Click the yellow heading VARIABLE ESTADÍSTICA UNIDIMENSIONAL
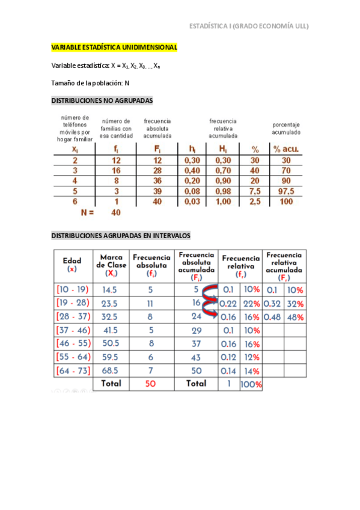coord(114,48)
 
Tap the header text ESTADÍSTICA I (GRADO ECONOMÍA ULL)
coord(249,26)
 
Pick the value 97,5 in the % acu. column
coord(285,191)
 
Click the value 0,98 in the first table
coord(224,191)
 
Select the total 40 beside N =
coord(117,212)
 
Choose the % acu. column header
coord(285,149)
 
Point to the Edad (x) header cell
coord(72,265)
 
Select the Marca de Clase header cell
coord(110,265)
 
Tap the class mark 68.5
coord(110,370)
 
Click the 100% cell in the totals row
coord(251,384)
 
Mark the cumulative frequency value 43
coord(196,357)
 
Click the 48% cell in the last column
coord(295,317)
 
